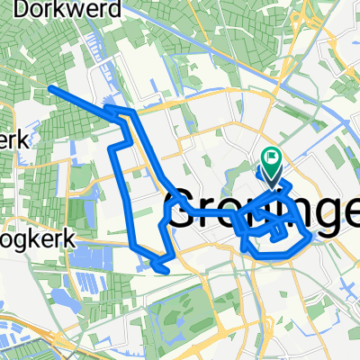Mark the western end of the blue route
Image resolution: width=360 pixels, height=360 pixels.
click(x=50, y=88)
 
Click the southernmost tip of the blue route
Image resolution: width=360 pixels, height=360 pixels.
click(x=163, y=269)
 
